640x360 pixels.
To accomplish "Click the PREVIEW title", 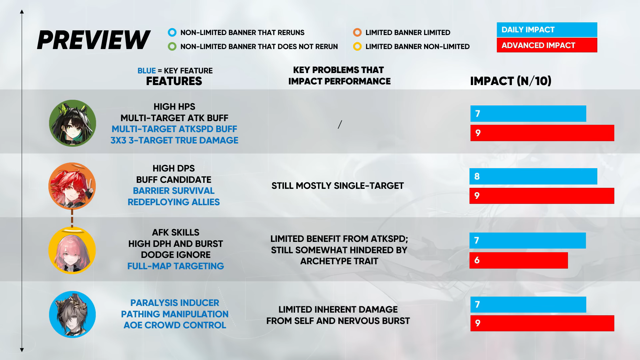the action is pos(94,40).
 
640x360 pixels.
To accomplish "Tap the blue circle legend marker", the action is pos(172,32).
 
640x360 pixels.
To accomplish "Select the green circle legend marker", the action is pos(172,46).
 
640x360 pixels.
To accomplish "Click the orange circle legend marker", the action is pos(357,32).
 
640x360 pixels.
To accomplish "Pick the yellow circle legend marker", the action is pos(357,46).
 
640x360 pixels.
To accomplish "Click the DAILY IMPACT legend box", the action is pos(547,30).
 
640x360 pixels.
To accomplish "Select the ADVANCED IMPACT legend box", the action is pos(547,45).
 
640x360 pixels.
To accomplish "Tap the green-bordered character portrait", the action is pos(72,123).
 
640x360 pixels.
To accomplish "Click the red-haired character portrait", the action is pos(72,186).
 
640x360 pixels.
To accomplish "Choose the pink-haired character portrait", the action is pos(72,250).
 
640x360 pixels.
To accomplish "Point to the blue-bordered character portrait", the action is pos(72,314).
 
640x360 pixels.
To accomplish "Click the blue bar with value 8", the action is pos(533,176).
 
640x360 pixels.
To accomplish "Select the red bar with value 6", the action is pos(519,260).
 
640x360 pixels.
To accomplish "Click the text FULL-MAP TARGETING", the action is pos(176,266).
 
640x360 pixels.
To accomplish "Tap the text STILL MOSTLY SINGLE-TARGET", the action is pos(338,186).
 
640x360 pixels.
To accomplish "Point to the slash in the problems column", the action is pos(340,124).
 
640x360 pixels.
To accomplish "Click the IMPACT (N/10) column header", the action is pos(511,81).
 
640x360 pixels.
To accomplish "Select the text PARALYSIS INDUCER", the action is pos(175,303).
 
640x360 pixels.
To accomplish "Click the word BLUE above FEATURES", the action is pos(146,71).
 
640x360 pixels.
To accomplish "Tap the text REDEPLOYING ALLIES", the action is pos(174,202).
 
